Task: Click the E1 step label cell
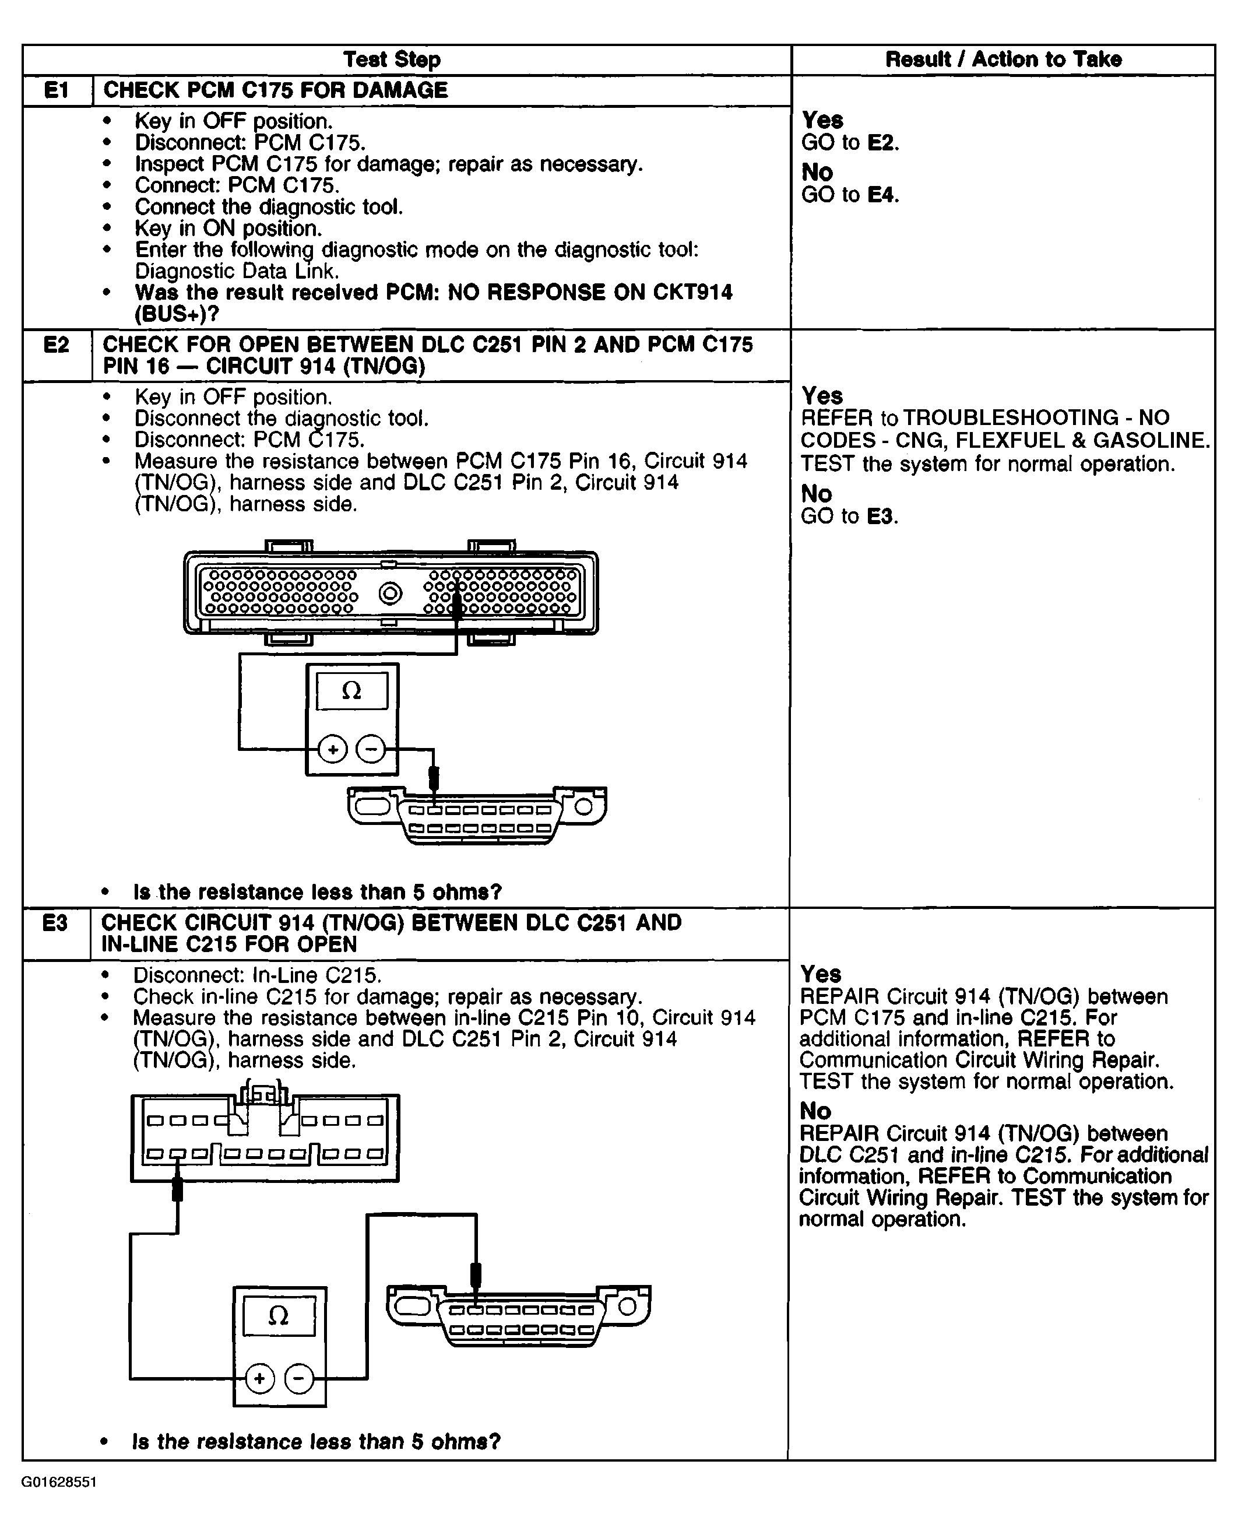pyautogui.click(x=57, y=90)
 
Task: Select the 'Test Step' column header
pyautogui.click(x=392, y=59)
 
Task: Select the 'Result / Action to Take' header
pyautogui.click(x=1003, y=59)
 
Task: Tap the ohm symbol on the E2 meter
pyautogui.click(x=351, y=691)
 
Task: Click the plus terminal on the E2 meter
pyautogui.click(x=332, y=749)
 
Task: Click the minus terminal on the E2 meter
pyautogui.click(x=371, y=749)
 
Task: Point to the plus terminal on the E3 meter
pyautogui.click(x=259, y=1378)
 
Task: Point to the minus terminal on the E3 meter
pyautogui.click(x=299, y=1378)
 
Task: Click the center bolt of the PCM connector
pyautogui.click(x=390, y=594)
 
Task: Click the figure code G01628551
pyautogui.click(x=59, y=1482)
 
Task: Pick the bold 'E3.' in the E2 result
pyautogui.click(x=882, y=516)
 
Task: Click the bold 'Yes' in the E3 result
pyautogui.click(x=821, y=974)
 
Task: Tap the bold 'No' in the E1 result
pyautogui.click(x=817, y=172)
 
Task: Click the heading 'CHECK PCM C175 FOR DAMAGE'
pyautogui.click(x=275, y=90)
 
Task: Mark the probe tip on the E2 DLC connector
pyautogui.click(x=433, y=778)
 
